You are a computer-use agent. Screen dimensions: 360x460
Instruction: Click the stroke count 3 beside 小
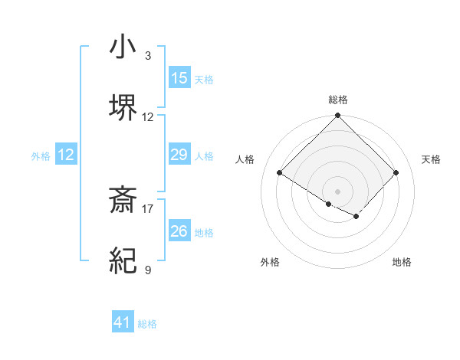148,56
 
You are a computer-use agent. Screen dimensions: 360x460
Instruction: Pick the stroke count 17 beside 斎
148,208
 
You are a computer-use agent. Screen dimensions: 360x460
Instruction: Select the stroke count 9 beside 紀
148,269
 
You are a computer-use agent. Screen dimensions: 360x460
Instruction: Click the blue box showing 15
179,78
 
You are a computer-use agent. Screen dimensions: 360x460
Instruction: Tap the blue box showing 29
179,155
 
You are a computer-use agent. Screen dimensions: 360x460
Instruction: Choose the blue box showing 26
179,231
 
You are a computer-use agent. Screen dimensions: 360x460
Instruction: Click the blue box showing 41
123,322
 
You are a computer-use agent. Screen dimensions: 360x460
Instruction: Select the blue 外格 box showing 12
66,155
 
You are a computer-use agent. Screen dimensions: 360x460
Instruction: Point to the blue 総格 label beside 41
147,324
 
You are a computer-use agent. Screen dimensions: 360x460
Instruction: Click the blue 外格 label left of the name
41,156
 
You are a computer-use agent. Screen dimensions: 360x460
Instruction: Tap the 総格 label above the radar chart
338,100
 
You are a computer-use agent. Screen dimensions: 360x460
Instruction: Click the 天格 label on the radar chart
431,159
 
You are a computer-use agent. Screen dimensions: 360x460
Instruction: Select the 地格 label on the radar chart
402,262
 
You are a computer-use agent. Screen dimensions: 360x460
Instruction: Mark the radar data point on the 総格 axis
337,116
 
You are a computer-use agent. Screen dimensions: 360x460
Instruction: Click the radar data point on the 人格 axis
280,173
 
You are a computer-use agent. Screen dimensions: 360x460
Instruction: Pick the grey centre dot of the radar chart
337,191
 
